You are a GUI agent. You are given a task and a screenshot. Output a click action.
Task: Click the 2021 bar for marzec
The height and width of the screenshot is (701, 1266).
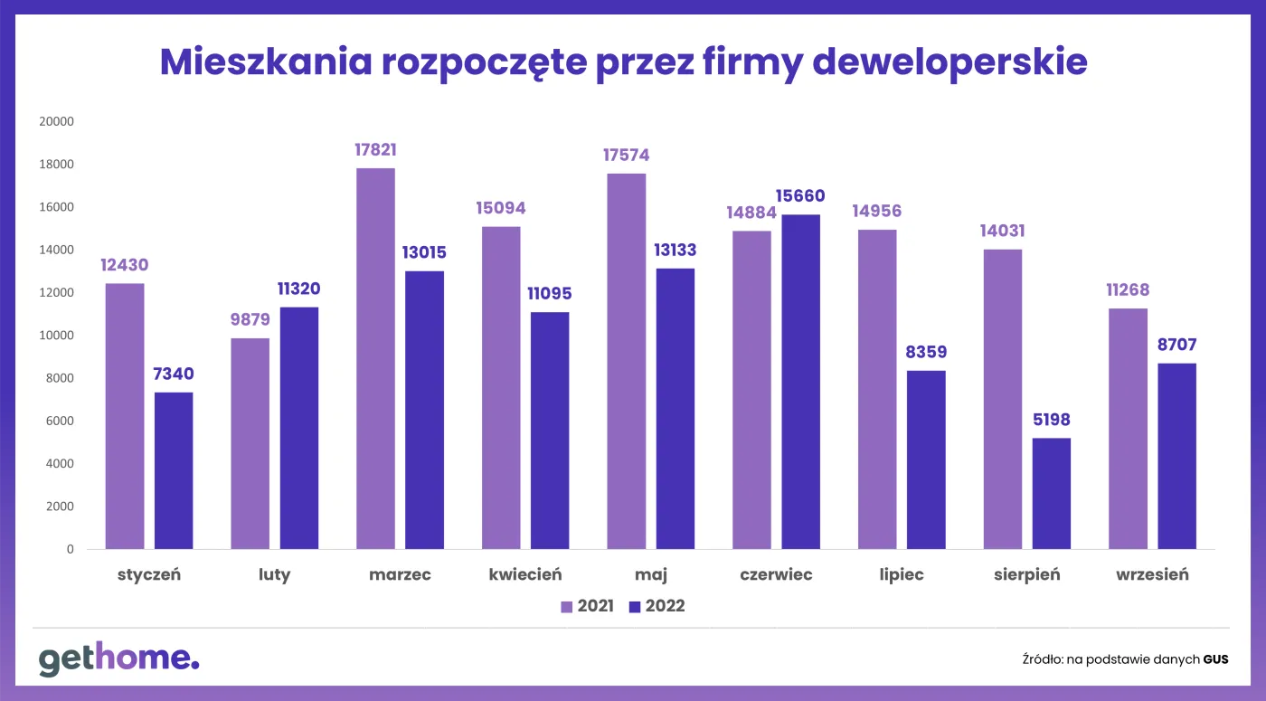pyautogui.click(x=375, y=358)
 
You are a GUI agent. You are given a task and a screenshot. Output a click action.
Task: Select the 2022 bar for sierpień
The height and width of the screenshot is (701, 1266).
pyautogui.click(x=1051, y=493)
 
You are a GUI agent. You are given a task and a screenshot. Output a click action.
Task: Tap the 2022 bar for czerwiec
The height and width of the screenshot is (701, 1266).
pyautogui.click(x=800, y=382)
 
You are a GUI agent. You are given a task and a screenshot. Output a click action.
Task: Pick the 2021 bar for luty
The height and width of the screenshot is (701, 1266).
pyautogui.click(x=250, y=443)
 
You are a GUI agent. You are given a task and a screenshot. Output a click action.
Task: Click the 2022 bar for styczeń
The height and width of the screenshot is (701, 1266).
pyautogui.click(x=174, y=470)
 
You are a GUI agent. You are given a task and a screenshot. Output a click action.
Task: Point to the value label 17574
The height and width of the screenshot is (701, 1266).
pyautogui.click(x=626, y=156)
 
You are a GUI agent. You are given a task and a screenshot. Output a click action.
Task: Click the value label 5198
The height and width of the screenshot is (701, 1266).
pyautogui.click(x=1051, y=421)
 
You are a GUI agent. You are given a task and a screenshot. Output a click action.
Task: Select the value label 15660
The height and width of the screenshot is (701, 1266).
pyautogui.click(x=800, y=196)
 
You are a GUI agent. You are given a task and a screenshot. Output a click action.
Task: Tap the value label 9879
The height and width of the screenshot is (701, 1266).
pyautogui.click(x=250, y=320)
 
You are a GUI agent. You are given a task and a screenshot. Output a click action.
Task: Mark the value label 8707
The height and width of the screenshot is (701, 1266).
pyautogui.click(x=1176, y=346)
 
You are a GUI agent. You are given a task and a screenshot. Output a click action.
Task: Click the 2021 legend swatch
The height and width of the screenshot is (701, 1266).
pyautogui.click(x=567, y=606)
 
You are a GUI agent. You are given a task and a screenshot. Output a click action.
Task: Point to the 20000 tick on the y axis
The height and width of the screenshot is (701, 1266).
pyautogui.click(x=56, y=121)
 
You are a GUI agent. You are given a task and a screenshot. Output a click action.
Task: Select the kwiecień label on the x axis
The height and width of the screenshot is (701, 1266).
pyautogui.click(x=525, y=574)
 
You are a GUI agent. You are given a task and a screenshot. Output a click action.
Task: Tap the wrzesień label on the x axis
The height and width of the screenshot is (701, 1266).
pyautogui.click(x=1152, y=574)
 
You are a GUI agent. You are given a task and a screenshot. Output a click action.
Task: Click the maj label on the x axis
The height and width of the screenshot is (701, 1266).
pyautogui.click(x=650, y=575)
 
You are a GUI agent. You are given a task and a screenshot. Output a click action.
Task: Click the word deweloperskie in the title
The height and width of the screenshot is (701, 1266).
pyautogui.click(x=949, y=62)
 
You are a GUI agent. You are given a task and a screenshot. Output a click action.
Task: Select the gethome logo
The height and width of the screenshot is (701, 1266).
pyautogui.click(x=118, y=659)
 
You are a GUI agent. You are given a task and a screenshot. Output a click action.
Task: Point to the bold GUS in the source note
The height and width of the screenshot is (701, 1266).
pyautogui.click(x=1215, y=659)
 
